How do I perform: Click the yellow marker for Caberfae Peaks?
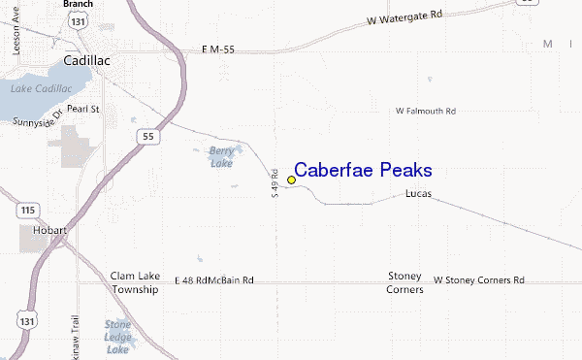coord(291,179)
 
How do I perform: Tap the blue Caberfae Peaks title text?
coord(363,170)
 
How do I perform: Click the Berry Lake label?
coord(222,156)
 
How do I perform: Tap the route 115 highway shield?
coord(27,210)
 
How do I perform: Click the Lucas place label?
coord(417,197)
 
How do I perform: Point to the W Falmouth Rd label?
coord(425,112)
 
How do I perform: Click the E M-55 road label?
coord(219,49)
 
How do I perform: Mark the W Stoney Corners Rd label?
coord(478,280)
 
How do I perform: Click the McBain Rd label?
coord(233,280)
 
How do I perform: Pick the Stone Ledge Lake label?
coord(117,337)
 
